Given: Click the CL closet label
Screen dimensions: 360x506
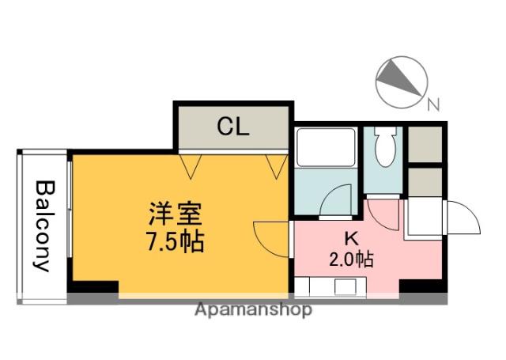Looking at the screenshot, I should [x=233, y=126].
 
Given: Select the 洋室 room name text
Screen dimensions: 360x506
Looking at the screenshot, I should [x=176, y=214].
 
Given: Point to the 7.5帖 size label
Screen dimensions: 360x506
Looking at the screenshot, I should [x=176, y=241].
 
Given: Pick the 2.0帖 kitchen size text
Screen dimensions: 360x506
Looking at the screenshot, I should [x=351, y=258].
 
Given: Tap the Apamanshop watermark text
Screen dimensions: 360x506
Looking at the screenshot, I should [x=253, y=309].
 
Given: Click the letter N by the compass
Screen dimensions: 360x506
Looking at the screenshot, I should [x=432, y=103].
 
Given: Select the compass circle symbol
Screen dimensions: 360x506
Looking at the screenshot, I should [x=400, y=82].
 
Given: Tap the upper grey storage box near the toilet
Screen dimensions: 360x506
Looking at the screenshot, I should [x=426, y=143].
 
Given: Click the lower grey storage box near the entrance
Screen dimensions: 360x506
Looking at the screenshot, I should [x=426, y=181].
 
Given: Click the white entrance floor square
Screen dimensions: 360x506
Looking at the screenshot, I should [x=423, y=218].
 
